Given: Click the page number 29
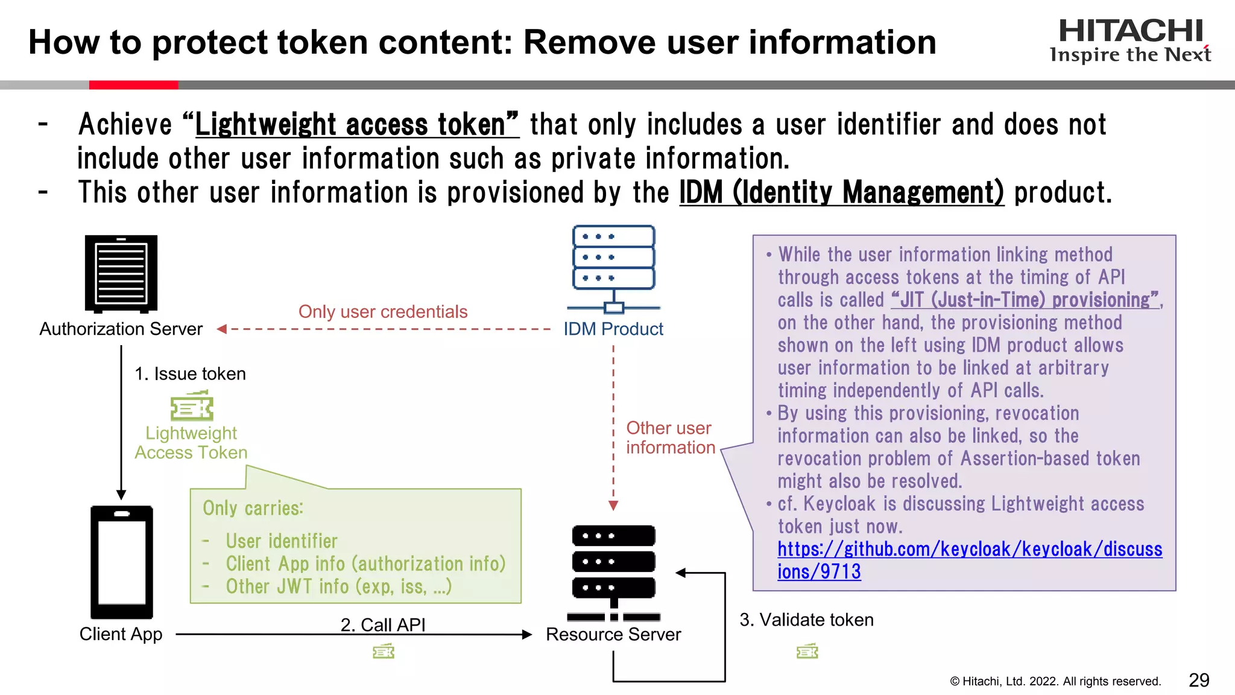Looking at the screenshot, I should tap(1198, 680).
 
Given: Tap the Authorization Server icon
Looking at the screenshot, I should tap(121, 274).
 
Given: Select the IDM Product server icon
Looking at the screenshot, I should tap(613, 269).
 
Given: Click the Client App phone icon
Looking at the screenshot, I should tap(121, 562).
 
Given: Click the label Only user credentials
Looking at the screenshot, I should tap(383, 311).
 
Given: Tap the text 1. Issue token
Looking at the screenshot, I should tap(190, 373).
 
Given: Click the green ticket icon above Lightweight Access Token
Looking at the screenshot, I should tap(192, 406).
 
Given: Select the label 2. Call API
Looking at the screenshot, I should tap(383, 624).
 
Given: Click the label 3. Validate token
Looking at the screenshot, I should tap(806, 620).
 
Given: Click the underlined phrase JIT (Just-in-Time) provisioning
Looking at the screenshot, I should tap(1025, 300).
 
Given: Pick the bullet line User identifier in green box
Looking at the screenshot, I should tap(281, 541).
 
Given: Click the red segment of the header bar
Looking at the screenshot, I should tap(133, 85).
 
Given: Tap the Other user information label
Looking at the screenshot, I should tap(670, 437).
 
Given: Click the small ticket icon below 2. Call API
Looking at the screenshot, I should tap(384, 652).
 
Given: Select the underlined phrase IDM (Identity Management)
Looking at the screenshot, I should tap(841, 193).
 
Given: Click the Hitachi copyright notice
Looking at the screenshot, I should tap(1055, 681).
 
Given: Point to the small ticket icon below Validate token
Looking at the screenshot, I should tap(807, 652).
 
